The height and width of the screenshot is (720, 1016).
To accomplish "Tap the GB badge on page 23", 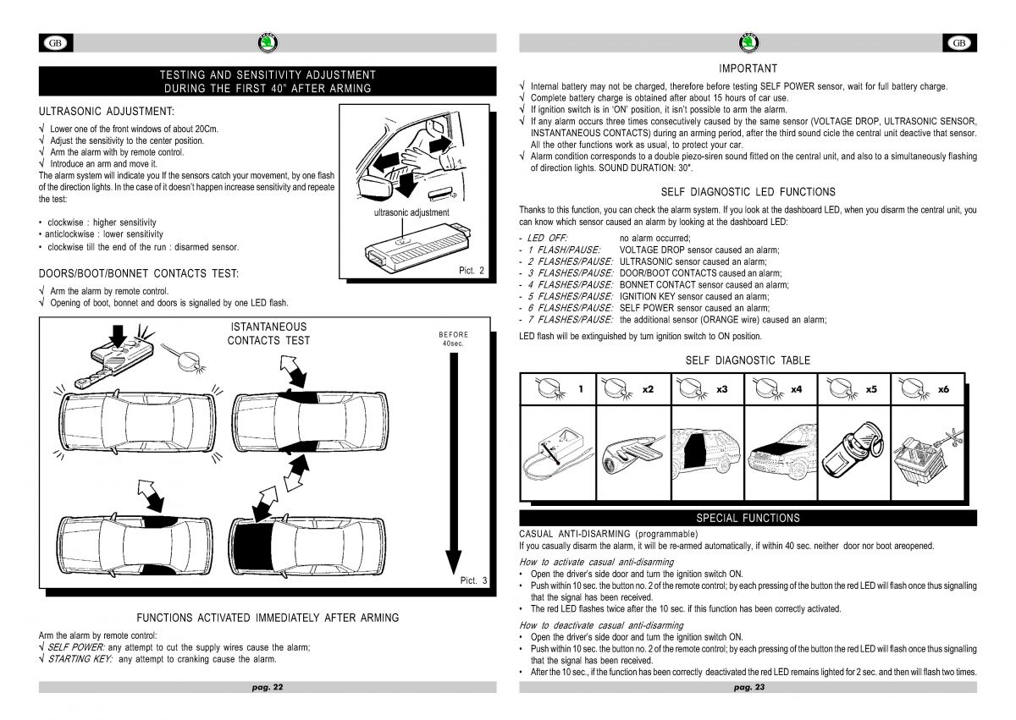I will pos(959,43).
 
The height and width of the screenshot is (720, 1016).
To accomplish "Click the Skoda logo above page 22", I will pos(268,43).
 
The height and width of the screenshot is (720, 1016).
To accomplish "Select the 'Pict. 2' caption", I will pos(472,270).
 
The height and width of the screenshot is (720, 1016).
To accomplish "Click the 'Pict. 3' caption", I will pos(473,580).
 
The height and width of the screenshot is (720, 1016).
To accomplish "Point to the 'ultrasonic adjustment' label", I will pos(411,212).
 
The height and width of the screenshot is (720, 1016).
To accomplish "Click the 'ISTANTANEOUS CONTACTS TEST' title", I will pos(268,333).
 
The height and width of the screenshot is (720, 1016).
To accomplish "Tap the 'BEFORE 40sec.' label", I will pos(453,338).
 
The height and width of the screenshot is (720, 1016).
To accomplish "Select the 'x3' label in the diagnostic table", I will pos(721,389).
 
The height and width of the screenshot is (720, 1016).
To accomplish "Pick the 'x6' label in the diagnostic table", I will pos(943,389).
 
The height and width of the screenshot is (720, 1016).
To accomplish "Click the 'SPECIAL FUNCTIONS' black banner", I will pos(748,518).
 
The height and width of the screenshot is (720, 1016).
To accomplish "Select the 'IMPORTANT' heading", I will pos(748,69).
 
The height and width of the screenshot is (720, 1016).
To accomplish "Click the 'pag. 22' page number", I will pos(268,687).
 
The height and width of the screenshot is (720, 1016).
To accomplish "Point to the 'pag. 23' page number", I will pos(748,687).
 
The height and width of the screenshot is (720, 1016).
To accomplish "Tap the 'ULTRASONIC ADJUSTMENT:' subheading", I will pos(107,111).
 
